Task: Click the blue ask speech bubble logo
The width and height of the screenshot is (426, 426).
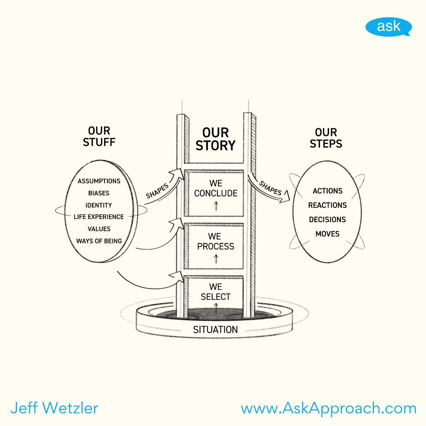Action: click(x=388, y=27)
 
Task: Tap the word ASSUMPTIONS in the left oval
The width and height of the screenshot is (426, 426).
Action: click(x=99, y=181)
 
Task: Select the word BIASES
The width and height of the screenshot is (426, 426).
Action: click(x=99, y=193)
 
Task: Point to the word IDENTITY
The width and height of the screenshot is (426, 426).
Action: click(x=99, y=205)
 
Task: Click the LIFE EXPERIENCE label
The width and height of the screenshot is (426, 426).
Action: click(x=99, y=217)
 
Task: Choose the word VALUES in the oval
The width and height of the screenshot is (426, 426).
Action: click(x=99, y=229)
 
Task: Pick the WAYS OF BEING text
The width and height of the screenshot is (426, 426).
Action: click(x=99, y=241)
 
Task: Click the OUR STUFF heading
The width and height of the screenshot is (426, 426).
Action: click(x=99, y=136)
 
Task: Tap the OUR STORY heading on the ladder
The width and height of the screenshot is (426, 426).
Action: click(x=215, y=139)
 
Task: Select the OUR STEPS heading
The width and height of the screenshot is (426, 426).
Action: click(x=326, y=138)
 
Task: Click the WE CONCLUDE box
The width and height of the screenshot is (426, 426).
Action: click(x=215, y=193)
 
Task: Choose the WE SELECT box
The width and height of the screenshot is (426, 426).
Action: click(x=215, y=294)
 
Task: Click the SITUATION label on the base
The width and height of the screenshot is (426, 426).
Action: click(x=215, y=329)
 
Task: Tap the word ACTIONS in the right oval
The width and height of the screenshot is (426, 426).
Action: click(x=327, y=191)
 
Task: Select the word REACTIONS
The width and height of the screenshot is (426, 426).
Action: click(x=327, y=205)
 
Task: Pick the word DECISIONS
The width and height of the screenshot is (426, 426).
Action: click(x=327, y=219)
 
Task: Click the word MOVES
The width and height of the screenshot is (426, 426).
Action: click(x=327, y=234)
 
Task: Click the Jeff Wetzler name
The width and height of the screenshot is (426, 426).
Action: click(x=54, y=408)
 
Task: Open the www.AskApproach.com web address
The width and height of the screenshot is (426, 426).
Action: click(x=329, y=408)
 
